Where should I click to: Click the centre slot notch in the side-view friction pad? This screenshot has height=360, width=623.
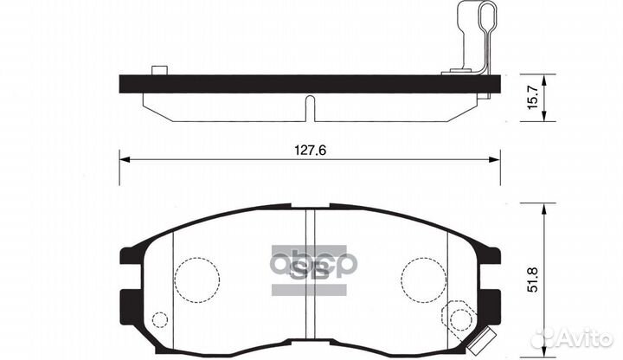point(309,107)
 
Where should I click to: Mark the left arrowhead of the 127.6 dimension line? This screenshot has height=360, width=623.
point(124,160)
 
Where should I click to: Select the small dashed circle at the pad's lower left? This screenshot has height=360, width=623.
point(157,320)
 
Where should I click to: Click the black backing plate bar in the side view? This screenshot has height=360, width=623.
point(309,84)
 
